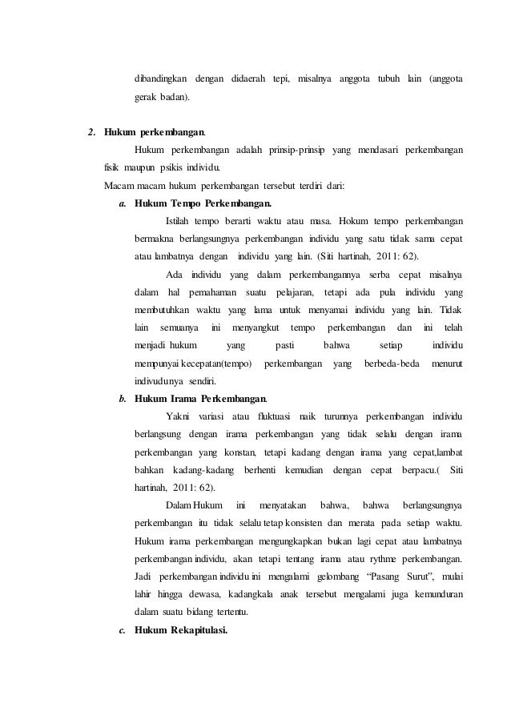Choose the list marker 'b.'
pyautogui.click(x=123, y=399)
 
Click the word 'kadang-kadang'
pyautogui.click(x=188, y=470)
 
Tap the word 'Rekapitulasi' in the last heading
pyautogui.click(x=198, y=630)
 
